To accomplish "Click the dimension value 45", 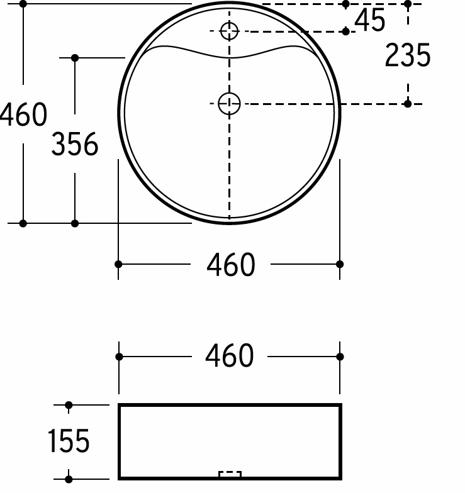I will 369,21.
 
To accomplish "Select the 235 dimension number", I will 407,55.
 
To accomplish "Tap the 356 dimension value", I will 75,145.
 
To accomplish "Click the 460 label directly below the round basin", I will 230,265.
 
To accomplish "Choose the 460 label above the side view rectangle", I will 230,357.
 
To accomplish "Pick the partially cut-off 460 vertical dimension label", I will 23,115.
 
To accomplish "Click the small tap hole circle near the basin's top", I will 230,30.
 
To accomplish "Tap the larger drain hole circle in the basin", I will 229,104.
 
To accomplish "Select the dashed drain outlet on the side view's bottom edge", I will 230,474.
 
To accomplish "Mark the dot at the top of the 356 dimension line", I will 75,58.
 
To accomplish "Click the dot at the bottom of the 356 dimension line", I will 75,223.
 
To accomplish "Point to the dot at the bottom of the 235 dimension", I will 408,104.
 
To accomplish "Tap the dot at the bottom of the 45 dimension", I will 345,31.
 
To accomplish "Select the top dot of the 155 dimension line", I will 69,405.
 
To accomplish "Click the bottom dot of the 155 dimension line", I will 69,479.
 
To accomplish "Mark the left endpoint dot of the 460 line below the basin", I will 119,264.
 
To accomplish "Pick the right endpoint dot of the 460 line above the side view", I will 340,357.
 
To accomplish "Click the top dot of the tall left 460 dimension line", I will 23,4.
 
